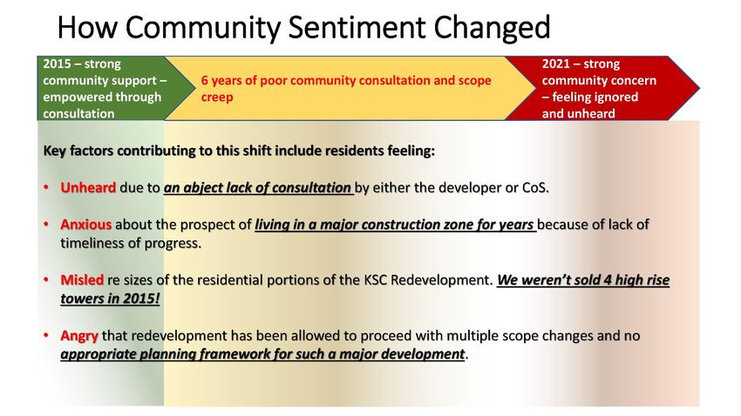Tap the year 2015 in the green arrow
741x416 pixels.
tap(58, 64)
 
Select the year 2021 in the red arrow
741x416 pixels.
tap(556, 64)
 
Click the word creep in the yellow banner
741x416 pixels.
tap(217, 97)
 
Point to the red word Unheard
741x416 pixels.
tap(88, 188)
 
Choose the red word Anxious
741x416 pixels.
tap(85, 225)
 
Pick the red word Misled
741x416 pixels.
tap(82, 280)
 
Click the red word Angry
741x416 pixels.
tap(79, 336)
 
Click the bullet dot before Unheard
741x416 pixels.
tap(46, 188)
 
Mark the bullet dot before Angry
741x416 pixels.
tap(46, 336)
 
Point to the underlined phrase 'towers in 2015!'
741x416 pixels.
tap(110, 299)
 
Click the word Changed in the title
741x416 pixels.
tap(492, 28)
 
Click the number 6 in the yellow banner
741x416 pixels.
tap(205, 80)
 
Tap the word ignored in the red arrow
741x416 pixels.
tap(616, 97)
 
